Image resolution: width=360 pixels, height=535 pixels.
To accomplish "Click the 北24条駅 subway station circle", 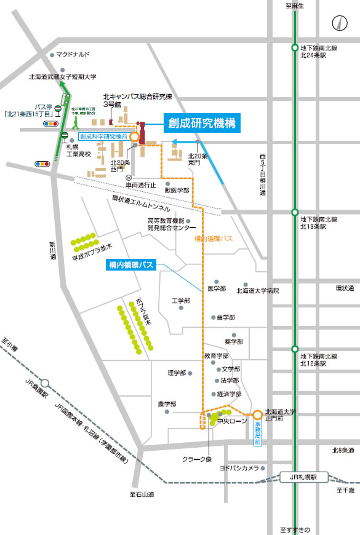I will (295, 48).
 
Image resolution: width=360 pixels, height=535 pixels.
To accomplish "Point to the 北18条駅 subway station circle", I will (295, 213).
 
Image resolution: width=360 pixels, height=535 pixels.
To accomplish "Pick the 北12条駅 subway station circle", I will (295, 349).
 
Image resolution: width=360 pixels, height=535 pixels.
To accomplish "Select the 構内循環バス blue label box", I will (130, 265).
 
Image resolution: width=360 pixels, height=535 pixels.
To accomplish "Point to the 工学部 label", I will (181, 301).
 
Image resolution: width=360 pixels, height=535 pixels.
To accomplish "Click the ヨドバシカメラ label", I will (239, 467).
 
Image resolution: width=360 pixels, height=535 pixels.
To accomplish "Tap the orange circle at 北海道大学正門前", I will (257, 415).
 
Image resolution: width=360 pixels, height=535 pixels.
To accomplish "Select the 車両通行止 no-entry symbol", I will (129, 176).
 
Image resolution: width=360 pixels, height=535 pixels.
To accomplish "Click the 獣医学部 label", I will (177, 191).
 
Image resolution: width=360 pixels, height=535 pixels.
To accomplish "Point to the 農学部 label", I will (167, 404).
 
